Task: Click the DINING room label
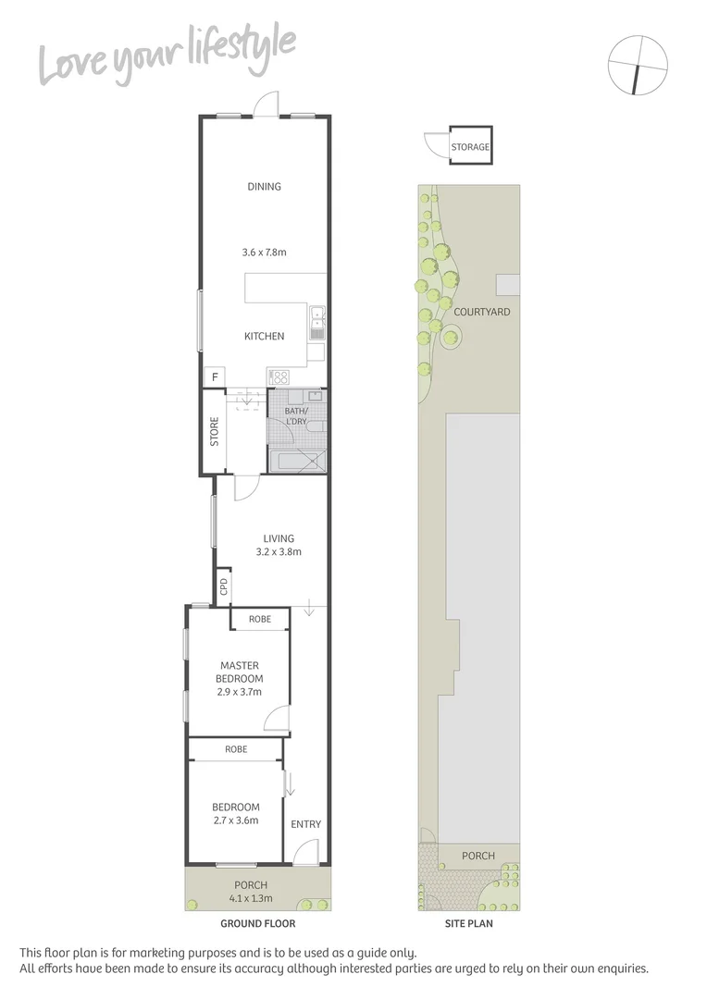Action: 264,187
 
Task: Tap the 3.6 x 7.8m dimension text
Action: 264,252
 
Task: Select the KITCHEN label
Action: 264,336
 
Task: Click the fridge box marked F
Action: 215,377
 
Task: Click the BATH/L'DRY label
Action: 297,416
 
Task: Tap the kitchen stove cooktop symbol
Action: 279,376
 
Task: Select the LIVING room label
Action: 279,538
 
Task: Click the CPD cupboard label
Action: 223,586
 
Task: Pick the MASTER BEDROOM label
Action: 240,672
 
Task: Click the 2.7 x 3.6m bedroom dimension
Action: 235,820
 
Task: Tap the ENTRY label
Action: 305,824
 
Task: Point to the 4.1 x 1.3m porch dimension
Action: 258,895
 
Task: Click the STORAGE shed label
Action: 470,147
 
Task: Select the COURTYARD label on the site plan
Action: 481,312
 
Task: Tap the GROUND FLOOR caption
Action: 258,923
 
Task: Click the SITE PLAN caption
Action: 467,923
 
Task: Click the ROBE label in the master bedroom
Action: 260,619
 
